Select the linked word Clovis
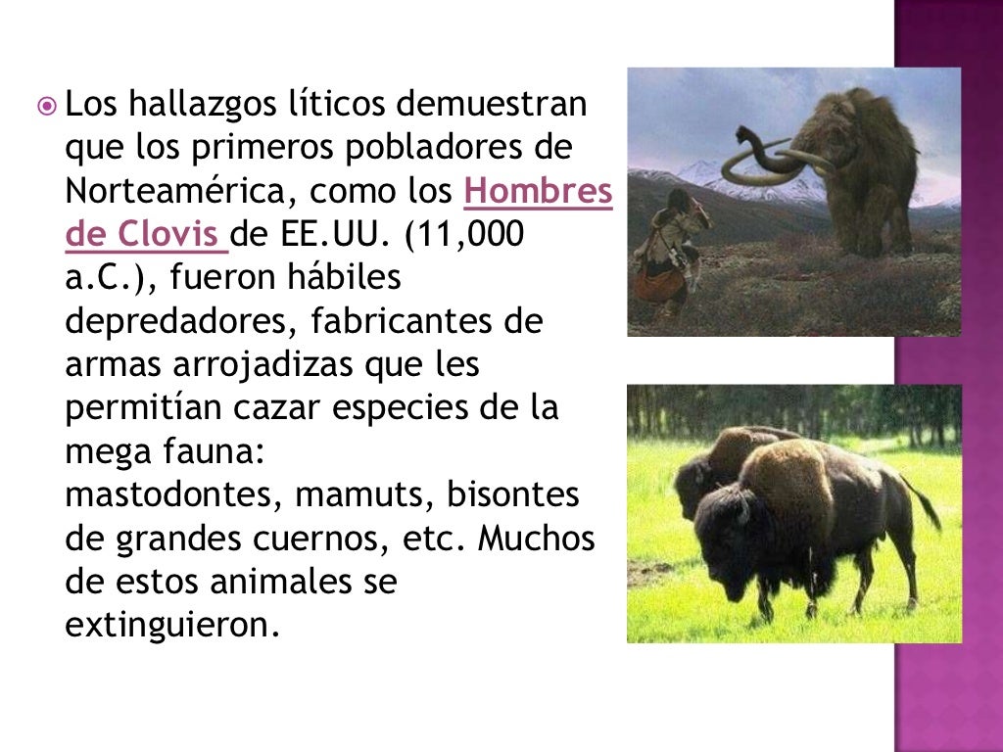[x=165, y=234]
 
